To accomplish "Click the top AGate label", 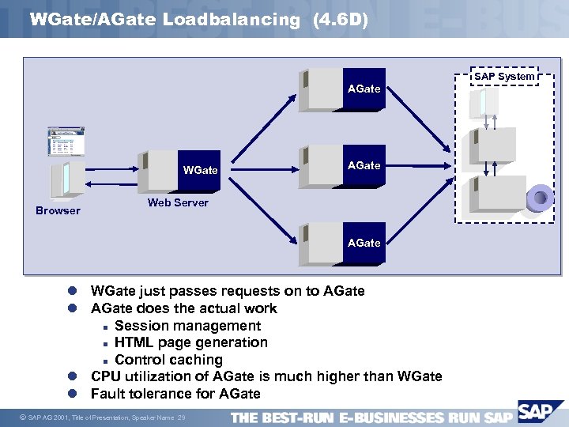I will click(364, 89).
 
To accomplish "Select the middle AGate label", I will click(364, 165).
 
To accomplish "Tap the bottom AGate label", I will click(364, 243).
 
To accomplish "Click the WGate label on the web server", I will click(200, 170).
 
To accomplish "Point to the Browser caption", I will click(58, 210).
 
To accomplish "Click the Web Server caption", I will click(178, 202).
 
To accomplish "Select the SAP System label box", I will click(503, 76).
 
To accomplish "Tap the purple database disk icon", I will click(541, 195).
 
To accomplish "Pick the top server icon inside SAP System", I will click(480, 101).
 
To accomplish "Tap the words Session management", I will click(187, 326).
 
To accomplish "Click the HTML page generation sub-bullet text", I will click(190, 342).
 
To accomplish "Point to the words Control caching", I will click(168, 360).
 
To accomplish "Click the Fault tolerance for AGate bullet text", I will click(175, 393).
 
